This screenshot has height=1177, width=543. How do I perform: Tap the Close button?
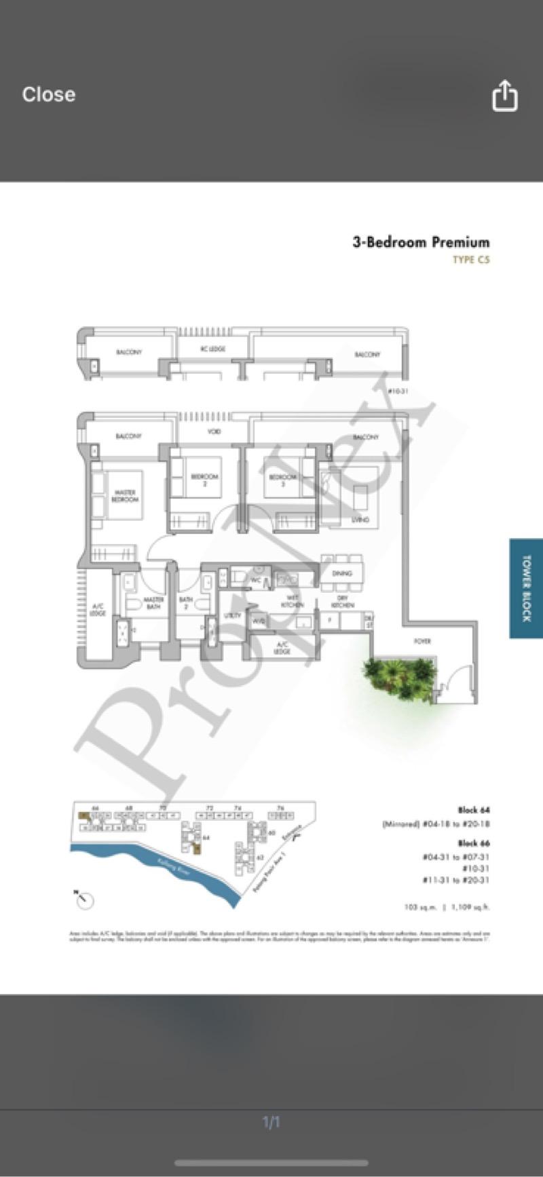[x=48, y=94]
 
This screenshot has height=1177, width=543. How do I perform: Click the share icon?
[x=504, y=96]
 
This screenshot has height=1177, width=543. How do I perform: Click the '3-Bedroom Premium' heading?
[x=420, y=242]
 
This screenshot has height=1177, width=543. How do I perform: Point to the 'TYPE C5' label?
[x=471, y=260]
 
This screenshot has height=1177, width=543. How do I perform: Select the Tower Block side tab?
[x=526, y=588]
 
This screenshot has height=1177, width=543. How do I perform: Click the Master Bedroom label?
[x=124, y=496]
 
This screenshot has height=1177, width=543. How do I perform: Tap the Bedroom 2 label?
[x=204, y=480]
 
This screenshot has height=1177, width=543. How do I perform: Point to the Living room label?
[x=360, y=520]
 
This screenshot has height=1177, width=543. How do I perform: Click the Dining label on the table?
[x=341, y=573]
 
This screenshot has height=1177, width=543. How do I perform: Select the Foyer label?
[x=422, y=640]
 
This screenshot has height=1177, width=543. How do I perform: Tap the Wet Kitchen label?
[x=293, y=601]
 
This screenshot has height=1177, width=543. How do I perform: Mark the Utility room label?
[x=233, y=615]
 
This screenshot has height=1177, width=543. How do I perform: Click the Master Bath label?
[x=153, y=603]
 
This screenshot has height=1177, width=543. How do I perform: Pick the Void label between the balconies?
[x=213, y=431]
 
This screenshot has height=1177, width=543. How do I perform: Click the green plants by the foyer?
[x=399, y=678]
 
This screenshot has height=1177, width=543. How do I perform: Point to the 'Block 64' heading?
[x=473, y=810]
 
